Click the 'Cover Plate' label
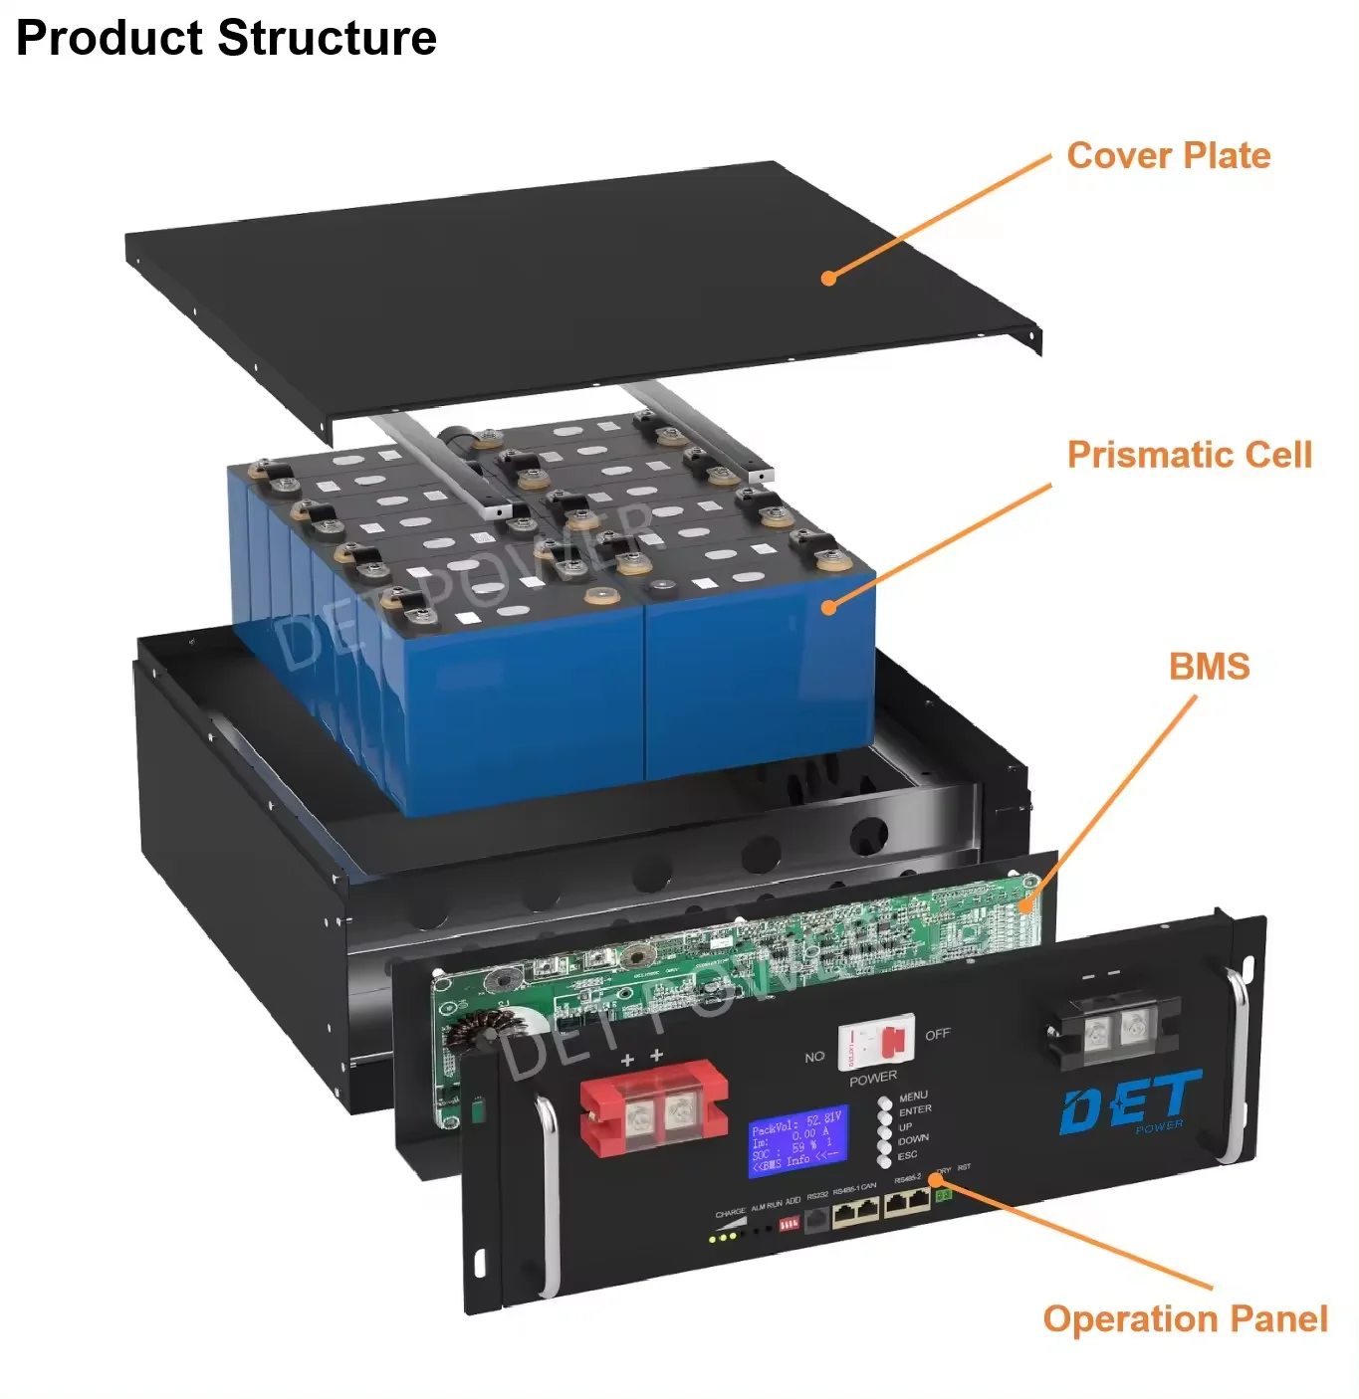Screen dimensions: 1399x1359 coord(1168,156)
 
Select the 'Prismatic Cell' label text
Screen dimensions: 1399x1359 coord(1189,455)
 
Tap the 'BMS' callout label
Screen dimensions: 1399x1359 coord(1209,667)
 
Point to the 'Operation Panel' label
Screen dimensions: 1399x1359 coord(1185,1318)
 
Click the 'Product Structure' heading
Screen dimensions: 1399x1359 coord(226,39)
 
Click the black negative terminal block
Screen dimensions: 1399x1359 coord(1114,1029)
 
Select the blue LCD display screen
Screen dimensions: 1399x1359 coord(796,1140)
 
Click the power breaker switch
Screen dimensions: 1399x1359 coord(876,1043)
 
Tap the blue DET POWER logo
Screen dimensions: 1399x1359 coord(1130,1102)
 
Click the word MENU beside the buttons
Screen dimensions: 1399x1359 coord(913,1096)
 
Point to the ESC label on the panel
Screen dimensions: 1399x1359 coord(907,1155)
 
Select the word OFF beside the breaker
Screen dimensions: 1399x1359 coord(937,1035)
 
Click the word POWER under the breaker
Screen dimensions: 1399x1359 coord(873,1077)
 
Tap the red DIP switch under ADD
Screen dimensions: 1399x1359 coord(789,1224)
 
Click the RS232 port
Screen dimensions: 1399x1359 coord(816,1219)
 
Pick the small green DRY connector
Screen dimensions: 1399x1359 coord(943,1193)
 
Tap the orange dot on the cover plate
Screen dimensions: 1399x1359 coord(828,279)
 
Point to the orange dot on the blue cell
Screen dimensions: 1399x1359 coord(829,606)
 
